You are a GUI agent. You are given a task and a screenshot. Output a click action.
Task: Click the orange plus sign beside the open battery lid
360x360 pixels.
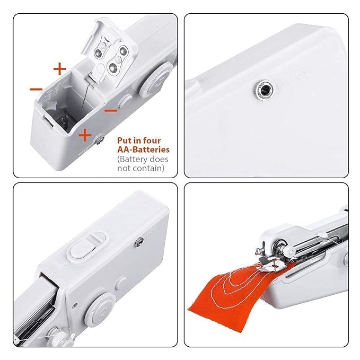pos(59,68)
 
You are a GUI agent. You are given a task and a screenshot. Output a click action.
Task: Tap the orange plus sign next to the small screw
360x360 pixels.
pos(84,135)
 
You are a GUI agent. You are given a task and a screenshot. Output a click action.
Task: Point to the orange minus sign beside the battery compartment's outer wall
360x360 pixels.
pos(36,90)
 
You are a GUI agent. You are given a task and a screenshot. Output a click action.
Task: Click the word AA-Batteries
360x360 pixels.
pos(143,150)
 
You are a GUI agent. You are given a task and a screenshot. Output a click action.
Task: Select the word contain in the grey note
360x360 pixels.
pos(147,168)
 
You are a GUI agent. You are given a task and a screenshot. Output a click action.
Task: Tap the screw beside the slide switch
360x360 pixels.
pos(139,242)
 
